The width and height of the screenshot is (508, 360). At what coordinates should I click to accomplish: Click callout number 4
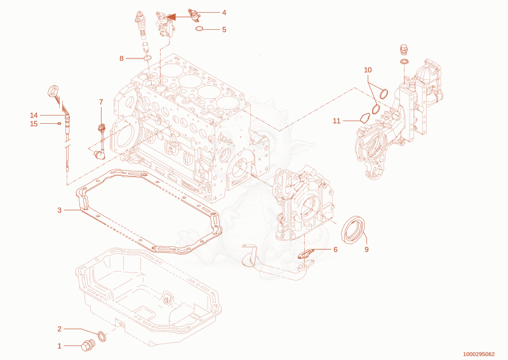[x=224, y=13]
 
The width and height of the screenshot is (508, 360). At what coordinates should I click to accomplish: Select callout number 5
[x=224, y=29]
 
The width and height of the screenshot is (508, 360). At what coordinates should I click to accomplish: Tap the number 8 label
[x=121, y=58]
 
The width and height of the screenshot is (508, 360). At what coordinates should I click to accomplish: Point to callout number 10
[x=368, y=70]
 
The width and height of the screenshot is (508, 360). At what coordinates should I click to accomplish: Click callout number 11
[x=337, y=121]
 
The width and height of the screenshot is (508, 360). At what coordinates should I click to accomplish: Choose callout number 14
[x=34, y=116]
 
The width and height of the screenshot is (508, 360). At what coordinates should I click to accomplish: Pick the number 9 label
[x=366, y=249]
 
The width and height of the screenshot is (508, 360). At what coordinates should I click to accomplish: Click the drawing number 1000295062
[x=479, y=354]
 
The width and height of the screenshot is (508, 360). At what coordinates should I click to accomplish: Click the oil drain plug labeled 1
[x=88, y=346]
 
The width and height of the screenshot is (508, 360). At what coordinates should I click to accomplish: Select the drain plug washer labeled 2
[x=102, y=337]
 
